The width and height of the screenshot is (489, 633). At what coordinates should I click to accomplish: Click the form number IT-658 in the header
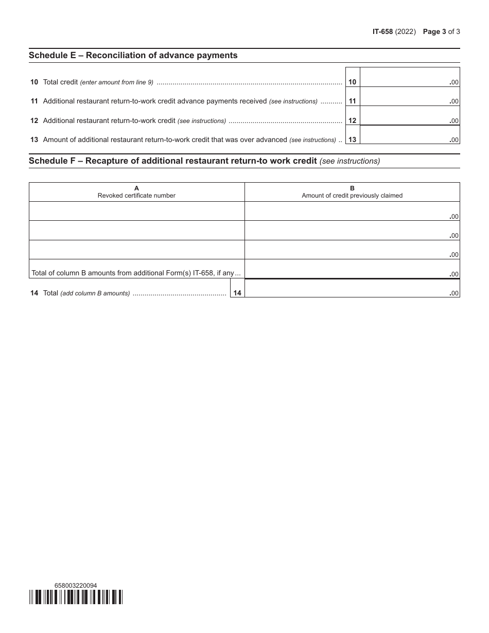pyautogui.click(x=382, y=31)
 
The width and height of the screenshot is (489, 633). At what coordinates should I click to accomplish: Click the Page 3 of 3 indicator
pyautogui.click(x=441, y=31)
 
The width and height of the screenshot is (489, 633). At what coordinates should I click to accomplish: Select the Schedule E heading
pyautogui.click(x=133, y=55)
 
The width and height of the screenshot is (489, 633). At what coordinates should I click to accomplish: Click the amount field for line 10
pyautogui.click(x=409, y=78)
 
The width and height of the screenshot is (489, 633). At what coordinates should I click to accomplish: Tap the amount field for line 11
pyautogui.click(x=409, y=97)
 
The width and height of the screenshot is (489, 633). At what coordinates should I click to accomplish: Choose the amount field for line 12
pyautogui.click(x=409, y=116)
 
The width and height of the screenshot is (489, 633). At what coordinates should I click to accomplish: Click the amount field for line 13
pyautogui.click(x=409, y=135)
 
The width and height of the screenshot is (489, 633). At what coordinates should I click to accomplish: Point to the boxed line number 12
pyautogui.click(x=352, y=121)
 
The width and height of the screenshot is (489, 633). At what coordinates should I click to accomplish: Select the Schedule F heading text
pyautogui.click(x=172, y=161)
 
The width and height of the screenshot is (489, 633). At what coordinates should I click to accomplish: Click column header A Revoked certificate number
pyautogui.click(x=136, y=192)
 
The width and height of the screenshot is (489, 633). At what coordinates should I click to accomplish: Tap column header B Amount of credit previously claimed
pyautogui.click(x=352, y=192)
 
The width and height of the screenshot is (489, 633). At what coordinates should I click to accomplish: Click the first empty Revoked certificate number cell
pyautogui.click(x=136, y=211)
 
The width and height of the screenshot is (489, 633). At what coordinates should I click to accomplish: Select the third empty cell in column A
pyautogui.click(x=136, y=250)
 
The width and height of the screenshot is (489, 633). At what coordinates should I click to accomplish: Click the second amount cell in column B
pyautogui.click(x=352, y=230)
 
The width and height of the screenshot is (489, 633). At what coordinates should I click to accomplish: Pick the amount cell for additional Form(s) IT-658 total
pyautogui.click(x=352, y=269)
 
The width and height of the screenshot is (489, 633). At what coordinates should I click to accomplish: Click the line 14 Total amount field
pyautogui.click(x=352, y=288)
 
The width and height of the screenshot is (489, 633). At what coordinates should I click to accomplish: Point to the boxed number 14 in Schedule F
pyautogui.click(x=237, y=293)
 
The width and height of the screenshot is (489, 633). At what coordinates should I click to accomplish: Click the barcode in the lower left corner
pyautogui.click(x=76, y=597)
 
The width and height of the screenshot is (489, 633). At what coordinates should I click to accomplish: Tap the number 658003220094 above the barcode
pyautogui.click(x=75, y=585)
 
